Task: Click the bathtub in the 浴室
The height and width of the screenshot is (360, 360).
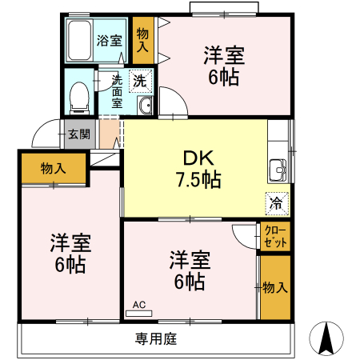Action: (79, 41)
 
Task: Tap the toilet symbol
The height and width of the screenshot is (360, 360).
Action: (79, 98)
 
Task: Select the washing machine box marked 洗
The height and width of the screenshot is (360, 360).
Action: (140, 81)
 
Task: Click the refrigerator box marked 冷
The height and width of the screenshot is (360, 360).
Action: (277, 204)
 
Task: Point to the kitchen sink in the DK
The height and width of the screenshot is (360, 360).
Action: (278, 170)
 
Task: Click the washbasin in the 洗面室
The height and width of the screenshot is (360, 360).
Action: (145, 105)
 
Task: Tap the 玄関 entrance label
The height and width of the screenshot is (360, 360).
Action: (79, 134)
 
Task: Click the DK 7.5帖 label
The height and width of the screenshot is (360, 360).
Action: (198, 169)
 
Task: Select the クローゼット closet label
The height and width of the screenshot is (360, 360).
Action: (275, 237)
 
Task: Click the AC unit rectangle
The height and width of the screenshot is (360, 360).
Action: (138, 314)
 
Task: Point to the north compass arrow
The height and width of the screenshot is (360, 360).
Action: (326, 339)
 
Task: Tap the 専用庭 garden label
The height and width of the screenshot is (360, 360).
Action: (156, 339)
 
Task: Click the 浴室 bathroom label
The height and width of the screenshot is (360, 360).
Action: (110, 41)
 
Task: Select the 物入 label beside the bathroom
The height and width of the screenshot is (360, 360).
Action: (142, 40)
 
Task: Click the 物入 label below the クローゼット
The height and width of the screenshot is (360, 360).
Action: (275, 288)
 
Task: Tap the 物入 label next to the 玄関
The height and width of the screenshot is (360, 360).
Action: (54, 169)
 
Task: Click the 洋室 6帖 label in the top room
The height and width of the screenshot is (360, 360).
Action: (224, 66)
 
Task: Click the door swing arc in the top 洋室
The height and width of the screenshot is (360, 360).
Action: (178, 96)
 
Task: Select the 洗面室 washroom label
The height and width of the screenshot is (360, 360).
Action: (117, 91)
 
